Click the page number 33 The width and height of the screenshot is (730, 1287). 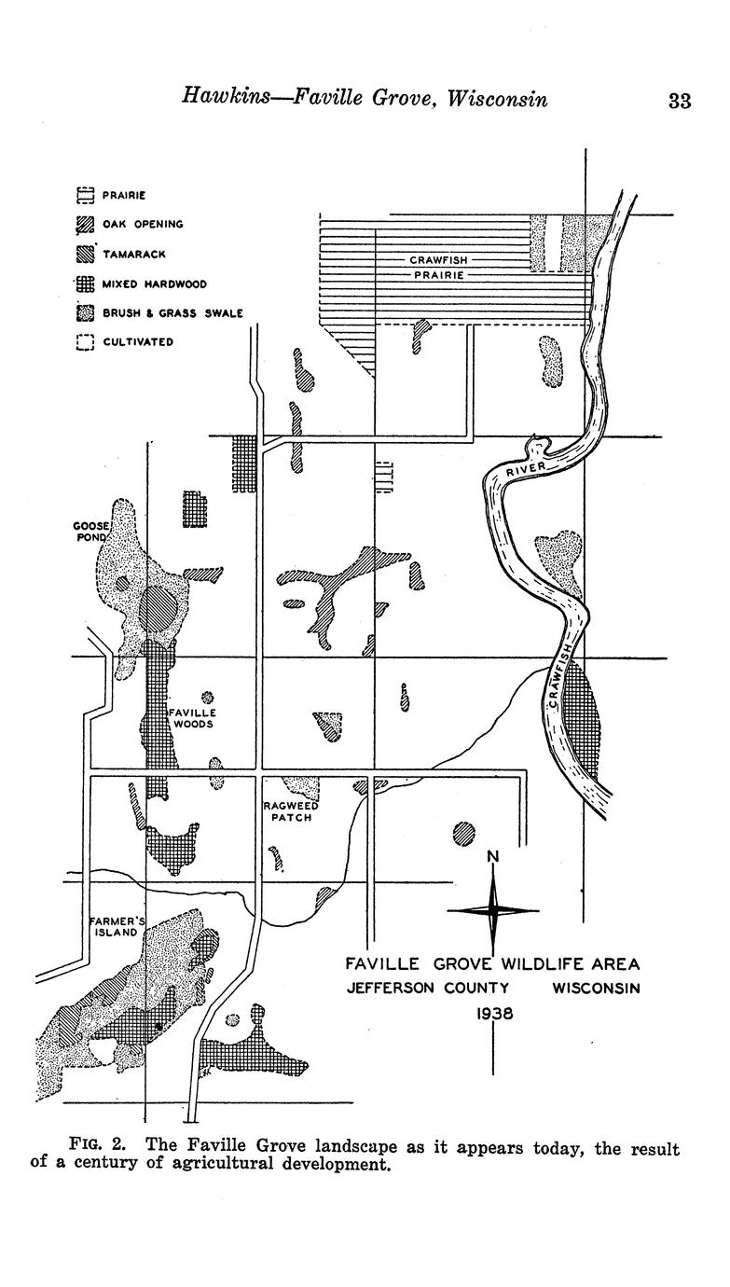[x=680, y=101]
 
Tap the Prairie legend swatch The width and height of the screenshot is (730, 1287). [x=85, y=195]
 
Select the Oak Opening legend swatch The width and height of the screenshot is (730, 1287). [x=85, y=225]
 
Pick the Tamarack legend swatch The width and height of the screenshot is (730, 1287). [x=85, y=254]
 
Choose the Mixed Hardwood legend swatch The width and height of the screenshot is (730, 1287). [x=85, y=284]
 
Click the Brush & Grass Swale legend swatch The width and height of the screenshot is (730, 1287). [x=85, y=313]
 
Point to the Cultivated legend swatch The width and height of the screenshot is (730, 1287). [x=85, y=342]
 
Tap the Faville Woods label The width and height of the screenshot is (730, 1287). [x=193, y=718]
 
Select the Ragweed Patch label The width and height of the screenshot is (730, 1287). [x=291, y=811]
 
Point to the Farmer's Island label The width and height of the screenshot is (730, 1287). [x=116, y=927]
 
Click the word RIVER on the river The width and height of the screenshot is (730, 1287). [x=525, y=469]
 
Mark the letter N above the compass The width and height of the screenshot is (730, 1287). [x=493, y=857]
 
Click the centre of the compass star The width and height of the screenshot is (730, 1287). [x=493, y=910]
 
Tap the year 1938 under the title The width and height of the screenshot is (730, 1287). [x=494, y=1014]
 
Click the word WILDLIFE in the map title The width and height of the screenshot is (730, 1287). [x=540, y=963]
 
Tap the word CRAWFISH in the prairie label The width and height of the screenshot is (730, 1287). [x=439, y=260]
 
